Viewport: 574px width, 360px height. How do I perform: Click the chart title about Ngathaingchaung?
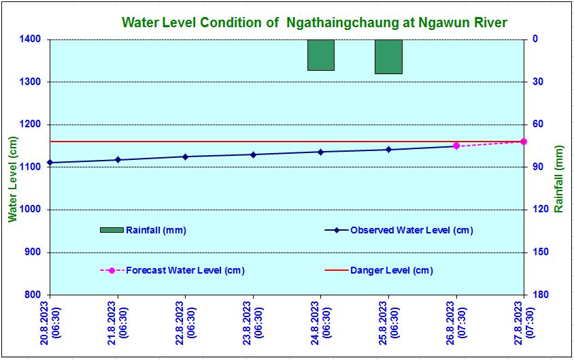pyautogui.click(x=314, y=22)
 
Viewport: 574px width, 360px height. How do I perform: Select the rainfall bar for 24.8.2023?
pyautogui.click(x=320, y=55)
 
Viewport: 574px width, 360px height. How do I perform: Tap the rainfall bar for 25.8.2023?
pyautogui.click(x=388, y=56)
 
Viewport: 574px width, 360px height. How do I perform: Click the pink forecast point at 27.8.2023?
pyautogui.click(x=524, y=142)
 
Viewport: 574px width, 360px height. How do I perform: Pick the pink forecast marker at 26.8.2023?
pyautogui.click(x=456, y=146)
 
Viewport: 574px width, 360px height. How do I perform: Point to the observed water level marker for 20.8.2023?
pyautogui.click(x=50, y=163)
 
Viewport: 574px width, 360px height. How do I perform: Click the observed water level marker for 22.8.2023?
pyautogui.click(x=185, y=157)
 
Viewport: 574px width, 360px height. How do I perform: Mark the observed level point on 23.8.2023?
pyautogui.click(x=253, y=154)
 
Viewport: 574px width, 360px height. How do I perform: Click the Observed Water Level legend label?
pyautogui.click(x=411, y=230)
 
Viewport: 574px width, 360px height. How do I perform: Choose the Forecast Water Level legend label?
pyautogui.click(x=185, y=270)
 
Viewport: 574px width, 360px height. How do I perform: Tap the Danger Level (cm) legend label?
pyautogui.click(x=391, y=270)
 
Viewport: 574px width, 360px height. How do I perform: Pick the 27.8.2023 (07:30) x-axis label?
pyautogui.click(x=524, y=325)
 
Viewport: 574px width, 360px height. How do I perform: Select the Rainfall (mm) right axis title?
pyautogui.click(x=559, y=178)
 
